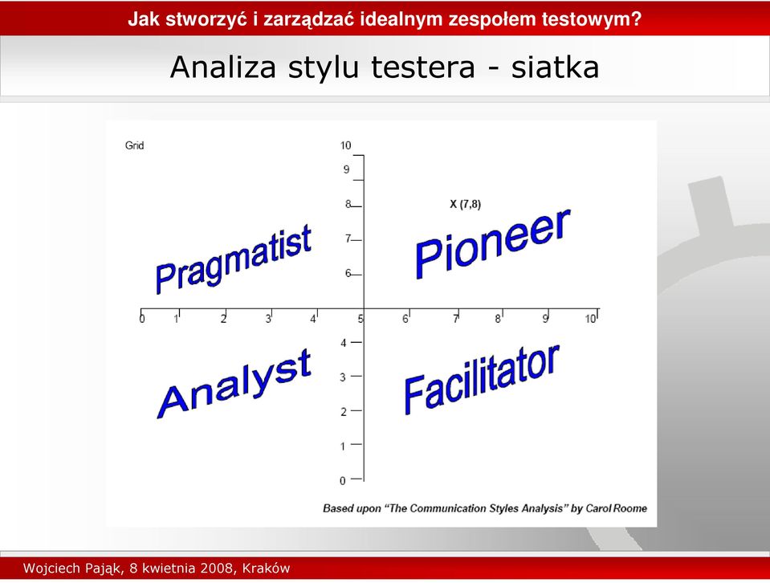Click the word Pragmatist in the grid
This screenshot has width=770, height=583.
coord(234,259)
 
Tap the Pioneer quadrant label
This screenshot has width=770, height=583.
coord(492,244)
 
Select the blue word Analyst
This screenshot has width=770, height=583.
coord(234,384)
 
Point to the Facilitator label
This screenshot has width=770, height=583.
coord(481,380)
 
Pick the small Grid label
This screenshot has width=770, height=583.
coord(135,145)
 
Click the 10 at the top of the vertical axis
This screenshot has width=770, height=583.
coord(346,145)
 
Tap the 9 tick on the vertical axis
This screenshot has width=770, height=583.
coord(346,169)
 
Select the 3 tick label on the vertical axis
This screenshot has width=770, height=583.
coord(343,377)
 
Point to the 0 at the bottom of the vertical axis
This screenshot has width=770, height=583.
coord(343,481)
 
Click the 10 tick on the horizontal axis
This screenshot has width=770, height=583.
coord(590,319)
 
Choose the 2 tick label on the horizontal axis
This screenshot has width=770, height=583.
coord(223,320)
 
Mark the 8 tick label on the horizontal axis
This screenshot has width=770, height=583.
coord(498,320)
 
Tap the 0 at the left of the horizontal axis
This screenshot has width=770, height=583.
coord(142,319)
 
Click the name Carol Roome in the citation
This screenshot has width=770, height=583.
coord(617,508)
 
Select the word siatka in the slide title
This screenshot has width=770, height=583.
coord(555,67)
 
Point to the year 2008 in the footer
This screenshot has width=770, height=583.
coord(215,569)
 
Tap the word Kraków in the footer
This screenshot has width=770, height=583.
coord(266,569)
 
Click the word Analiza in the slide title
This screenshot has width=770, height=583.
coord(223,67)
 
